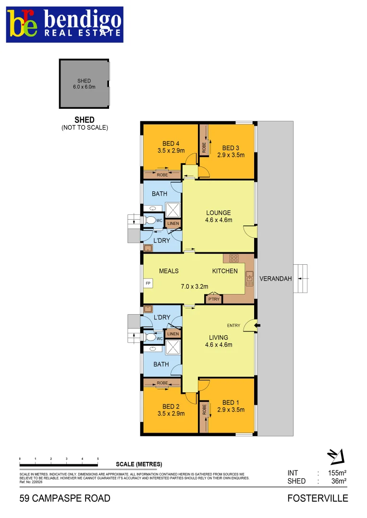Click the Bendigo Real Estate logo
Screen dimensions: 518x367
pos(64,24)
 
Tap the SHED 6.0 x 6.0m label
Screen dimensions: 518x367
pos(84,84)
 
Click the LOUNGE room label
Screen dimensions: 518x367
pos(219,216)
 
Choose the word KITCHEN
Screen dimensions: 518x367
pos(225,271)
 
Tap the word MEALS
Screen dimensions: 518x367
pos(169,271)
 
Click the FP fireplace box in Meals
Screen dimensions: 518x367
pos(148,283)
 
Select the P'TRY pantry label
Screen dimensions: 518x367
pos(213,299)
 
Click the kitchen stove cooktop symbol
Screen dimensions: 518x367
pos(234,258)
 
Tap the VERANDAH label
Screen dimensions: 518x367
pos(275,279)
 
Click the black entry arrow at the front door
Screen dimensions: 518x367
pos(257,326)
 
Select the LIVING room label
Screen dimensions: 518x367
pos(219,341)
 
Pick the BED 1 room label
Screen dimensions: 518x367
pos(231,406)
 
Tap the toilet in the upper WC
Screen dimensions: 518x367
pos(150,220)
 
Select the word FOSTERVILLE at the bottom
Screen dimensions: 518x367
pos(318,498)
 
